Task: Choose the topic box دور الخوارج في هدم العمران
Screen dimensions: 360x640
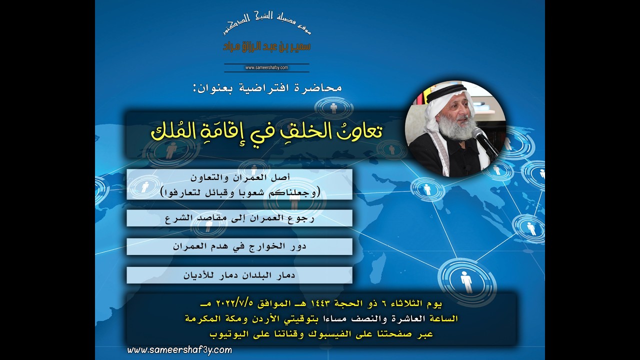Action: pyautogui.click(x=239, y=246)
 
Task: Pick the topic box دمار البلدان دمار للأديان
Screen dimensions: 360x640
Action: pyautogui.click(x=239, y=275)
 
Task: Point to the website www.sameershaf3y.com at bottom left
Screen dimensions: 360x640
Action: pyautogui.click(x=179, y=350)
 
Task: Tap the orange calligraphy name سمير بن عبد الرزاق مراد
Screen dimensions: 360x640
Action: pyautogui.click(x=266, y=46)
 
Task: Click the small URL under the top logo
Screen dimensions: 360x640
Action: pyautogui.click(x=266, y=67)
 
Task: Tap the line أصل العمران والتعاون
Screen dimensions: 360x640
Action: pyautogui.click(x=239, y=178)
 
